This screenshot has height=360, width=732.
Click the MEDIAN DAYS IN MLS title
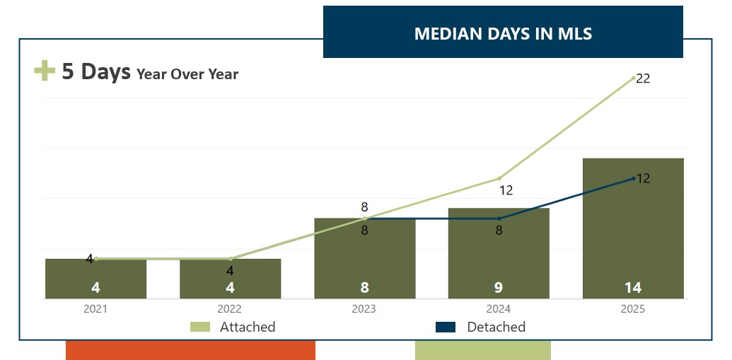pos(503,34)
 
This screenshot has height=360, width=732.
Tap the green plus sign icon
pos(45,71)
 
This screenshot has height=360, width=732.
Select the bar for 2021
pos(95,278)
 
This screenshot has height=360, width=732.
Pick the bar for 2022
pos(230,278)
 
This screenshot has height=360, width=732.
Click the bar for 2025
pos(633,228)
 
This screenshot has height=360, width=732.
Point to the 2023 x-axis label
pos(364,309)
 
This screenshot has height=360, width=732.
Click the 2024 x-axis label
pos(498,309)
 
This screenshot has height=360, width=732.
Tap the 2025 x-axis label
pos(632,309)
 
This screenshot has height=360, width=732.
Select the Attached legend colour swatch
pos(200,327)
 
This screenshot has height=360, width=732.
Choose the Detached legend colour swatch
pos(446,327)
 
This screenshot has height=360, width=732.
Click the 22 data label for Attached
pos(643,79)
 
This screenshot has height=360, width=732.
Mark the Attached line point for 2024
pos(499,178)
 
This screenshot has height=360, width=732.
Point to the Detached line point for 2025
pos(634,178)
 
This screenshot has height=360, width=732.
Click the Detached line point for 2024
pos(499,219)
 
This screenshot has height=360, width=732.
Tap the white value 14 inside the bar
pos(633,288)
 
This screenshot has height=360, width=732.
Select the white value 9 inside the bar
pos(499,288)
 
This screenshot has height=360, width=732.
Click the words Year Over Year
pos(187,74)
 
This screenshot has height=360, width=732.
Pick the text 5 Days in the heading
pos(96,71)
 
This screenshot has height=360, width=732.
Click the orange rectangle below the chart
pos(190,351)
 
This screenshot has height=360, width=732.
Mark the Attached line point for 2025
pos(634,78)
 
